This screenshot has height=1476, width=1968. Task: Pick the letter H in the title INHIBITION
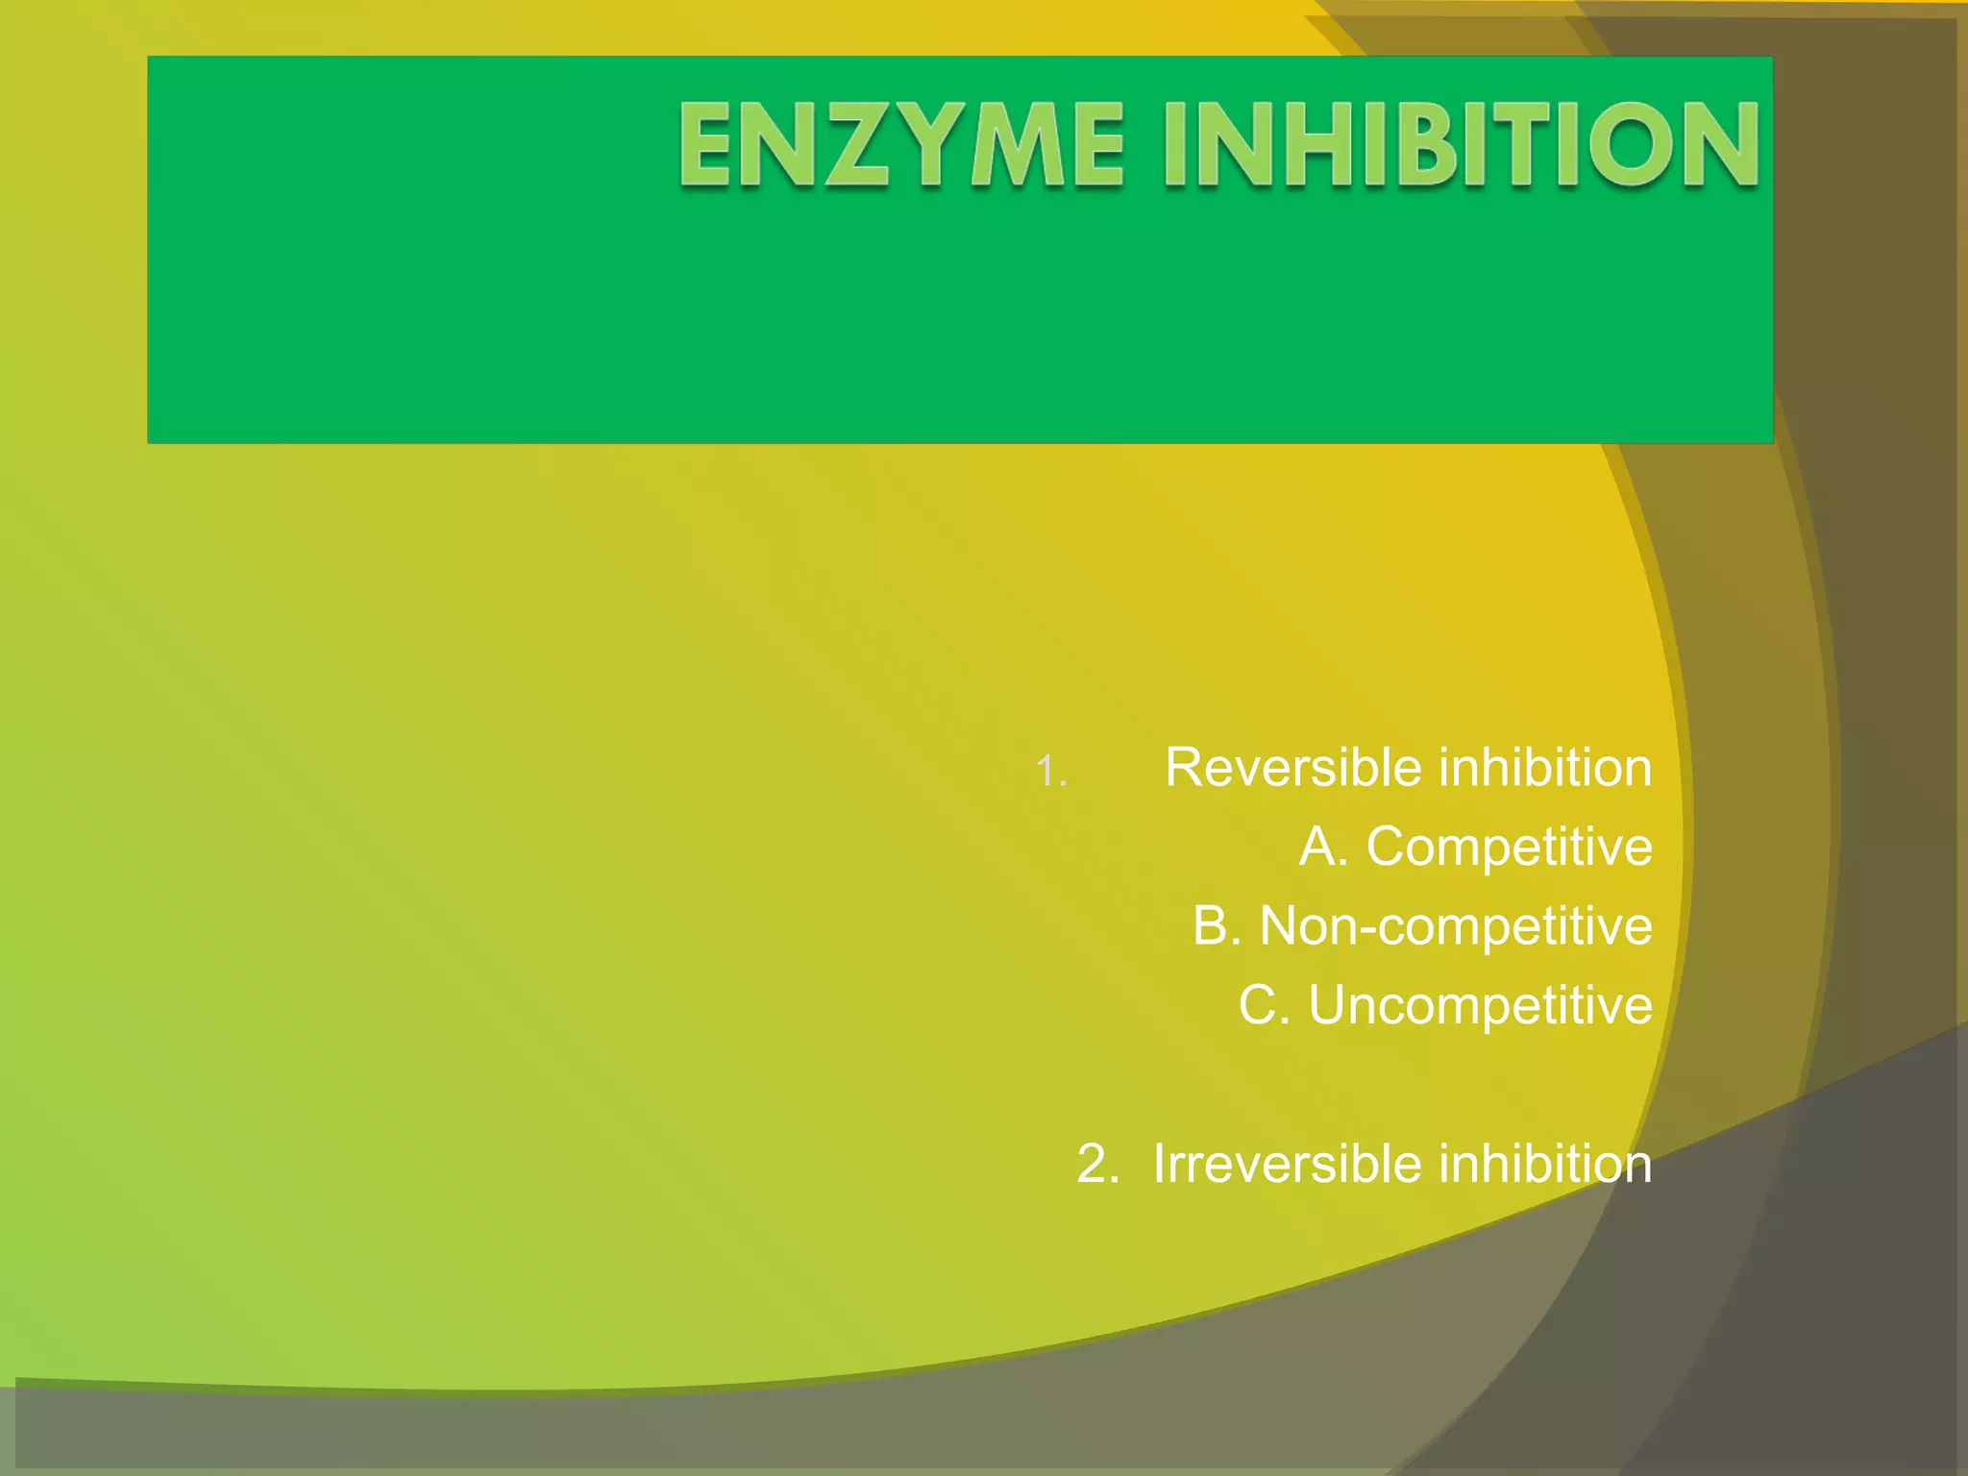1327,145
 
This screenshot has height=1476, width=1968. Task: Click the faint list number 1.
1051,772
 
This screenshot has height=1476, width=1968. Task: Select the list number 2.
1096,1164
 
